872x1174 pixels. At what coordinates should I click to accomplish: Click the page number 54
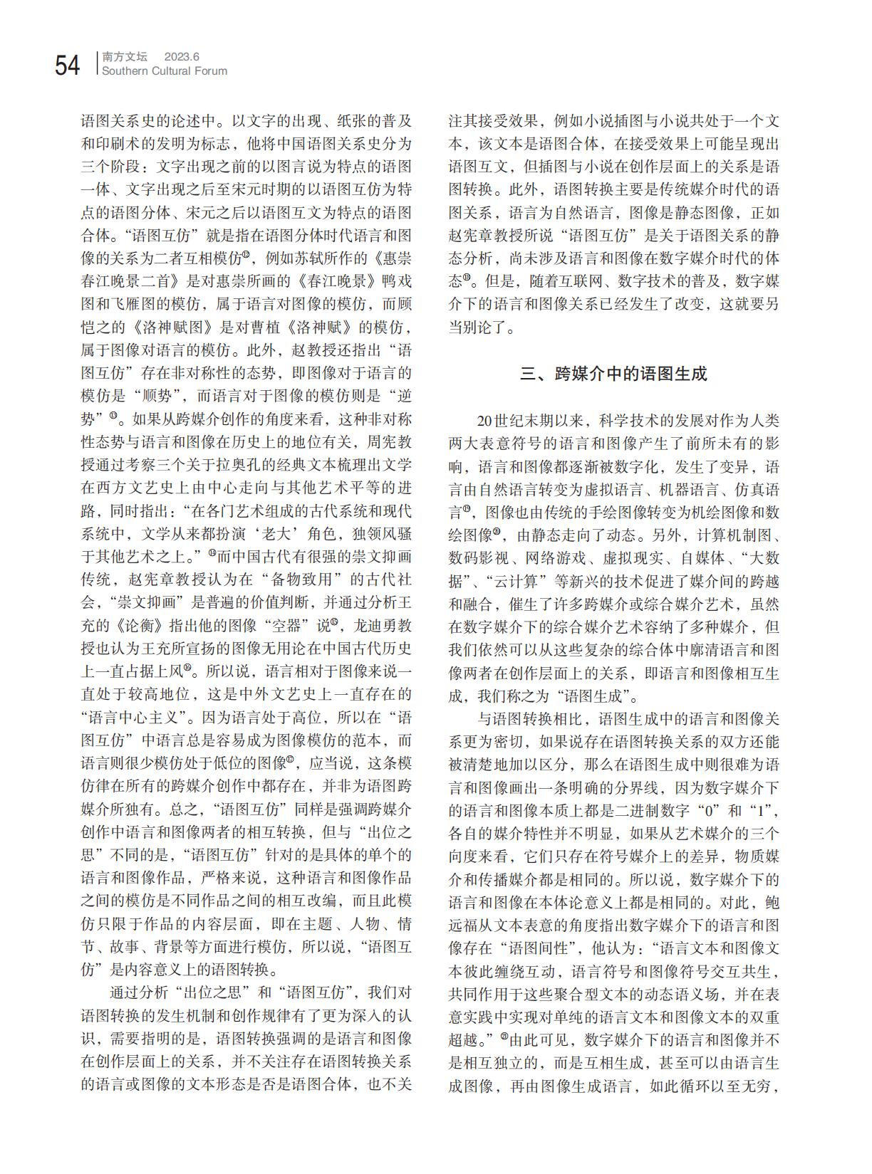point(67,65)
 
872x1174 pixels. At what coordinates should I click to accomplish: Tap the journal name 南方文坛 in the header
point(125,56)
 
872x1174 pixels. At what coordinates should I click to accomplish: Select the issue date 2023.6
point(182,56)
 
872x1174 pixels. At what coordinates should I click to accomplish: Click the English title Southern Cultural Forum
point(165,71)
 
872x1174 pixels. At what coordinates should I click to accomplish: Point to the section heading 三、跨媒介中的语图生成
point(613,374)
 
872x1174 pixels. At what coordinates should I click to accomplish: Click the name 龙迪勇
point(377,625)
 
